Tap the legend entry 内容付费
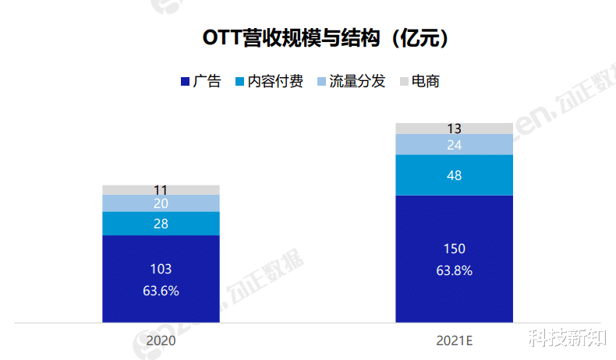[x=276, y=81]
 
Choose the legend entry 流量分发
[x=357, y=81]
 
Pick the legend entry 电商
[x=425, y=81]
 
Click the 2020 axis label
[x=161, y=341]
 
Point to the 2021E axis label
[x=454, y=341]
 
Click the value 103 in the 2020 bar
[x=161, y=269]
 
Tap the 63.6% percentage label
[x=161, y=291]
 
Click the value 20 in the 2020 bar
[x=161, y=203]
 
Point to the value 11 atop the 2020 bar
[x=161, y=189]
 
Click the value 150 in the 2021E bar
[x=454, y=249]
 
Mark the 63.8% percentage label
[x=454, y=271]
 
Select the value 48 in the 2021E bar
[x=454, y=175]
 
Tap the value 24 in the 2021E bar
[x=454, y=145]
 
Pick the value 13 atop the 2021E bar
[x=454, y=129]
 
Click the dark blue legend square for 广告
[x=185, y=82]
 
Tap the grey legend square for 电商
[x=404, y=82]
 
